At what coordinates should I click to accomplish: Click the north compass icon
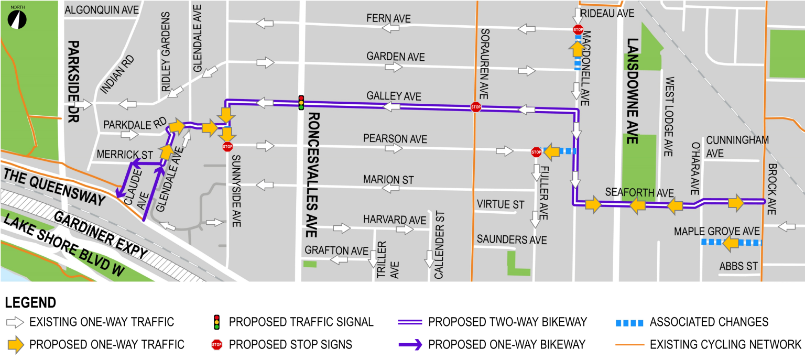(18, 19)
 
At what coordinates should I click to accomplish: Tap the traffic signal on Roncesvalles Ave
(301, 103)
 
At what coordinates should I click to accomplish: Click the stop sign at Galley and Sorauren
(475, 107)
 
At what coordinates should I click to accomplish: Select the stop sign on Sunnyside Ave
(227, 146)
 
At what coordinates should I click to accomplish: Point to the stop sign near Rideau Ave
(578, 30)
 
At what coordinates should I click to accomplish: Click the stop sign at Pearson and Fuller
(536, 152)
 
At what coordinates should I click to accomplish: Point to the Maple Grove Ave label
(716, 231)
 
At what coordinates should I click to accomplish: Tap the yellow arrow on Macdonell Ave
(576, 49)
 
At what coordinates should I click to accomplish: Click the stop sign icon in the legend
(216, 345)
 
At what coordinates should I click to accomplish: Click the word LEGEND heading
(30, 303)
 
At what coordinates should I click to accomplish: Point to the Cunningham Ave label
(737, 146)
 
